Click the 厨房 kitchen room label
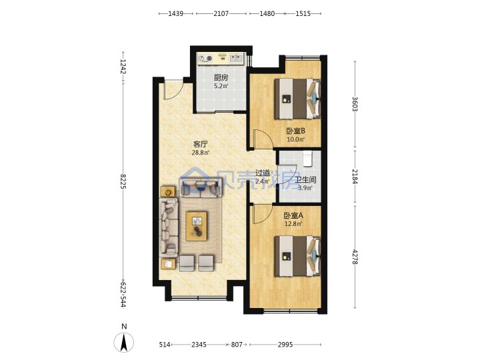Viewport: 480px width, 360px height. [x=221, y=77]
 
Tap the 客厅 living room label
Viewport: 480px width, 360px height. [x=201, y=144]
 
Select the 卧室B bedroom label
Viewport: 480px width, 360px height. [x=295, y=131]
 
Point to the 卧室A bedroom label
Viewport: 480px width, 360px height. [x=293, y=215]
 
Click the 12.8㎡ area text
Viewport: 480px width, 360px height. [x=293, y=224]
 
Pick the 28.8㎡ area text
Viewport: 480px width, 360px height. [x=201, y=153]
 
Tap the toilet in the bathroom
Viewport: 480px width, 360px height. [x=307, y=159]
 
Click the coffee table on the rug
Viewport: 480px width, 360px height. [x=197, y=226]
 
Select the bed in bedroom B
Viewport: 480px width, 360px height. [x=297, y=99]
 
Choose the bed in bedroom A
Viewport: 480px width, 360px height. [x=297, y=256]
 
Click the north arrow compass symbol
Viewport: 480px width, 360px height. [x=124, y=342]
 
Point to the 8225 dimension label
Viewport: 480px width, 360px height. [x=123, y=181]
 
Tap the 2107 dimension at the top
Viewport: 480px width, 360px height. [x=221, y=13]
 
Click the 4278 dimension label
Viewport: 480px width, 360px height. [x=355, y=257]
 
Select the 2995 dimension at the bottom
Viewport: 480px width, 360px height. [x=285, y=345]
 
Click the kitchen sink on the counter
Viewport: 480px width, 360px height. [x=236, y=57]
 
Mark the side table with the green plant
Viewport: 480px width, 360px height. [x=168, y=192]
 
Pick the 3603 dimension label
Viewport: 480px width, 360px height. [x=355, y=104]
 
